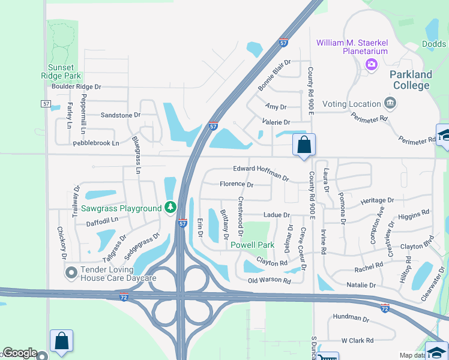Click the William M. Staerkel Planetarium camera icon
pyautogui.click(x=371, y=64)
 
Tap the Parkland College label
pyautogui.click(x=411, y=80)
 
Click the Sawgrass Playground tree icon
pyautogui.click(x=170, y=208)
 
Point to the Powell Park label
pyautogui.click(x=252, y=245)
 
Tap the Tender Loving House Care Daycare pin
pyautogui.click(x=71, y=273)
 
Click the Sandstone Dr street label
pyautogui.click(x=120, y=115)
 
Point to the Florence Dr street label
pyautogui.click(x=237, y=184)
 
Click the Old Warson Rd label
pyautogui.click(x=270, y=280)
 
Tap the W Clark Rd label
pyautogui.click(x=357, y=341)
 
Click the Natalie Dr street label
pyautogui.click(x=361, y=285)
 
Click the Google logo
pyautogui.click(x=20, y=353)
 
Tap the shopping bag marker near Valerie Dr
pyautogui.click(x=304, y=145)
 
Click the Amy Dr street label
pyautogui.click(x=276, y=107)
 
